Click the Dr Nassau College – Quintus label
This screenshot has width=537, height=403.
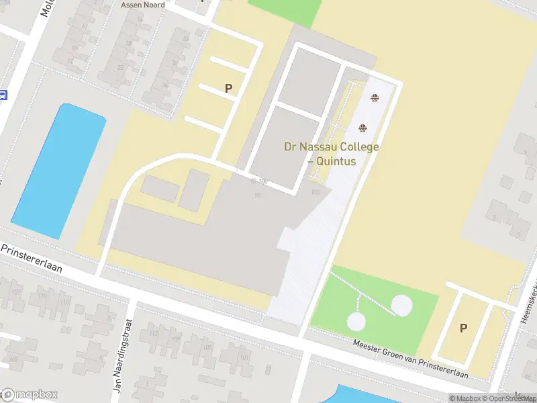pos(332,154)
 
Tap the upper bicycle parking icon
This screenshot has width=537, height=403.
pos(374,98)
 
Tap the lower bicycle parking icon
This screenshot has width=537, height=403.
pos(363,128)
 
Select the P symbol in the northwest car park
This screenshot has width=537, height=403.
pos(228,88)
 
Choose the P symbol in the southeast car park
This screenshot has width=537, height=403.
pos(462,328)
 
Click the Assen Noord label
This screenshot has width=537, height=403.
pos(142,5)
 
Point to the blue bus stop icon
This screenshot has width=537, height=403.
pos(3,95)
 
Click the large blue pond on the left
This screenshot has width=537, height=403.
pos(58,171)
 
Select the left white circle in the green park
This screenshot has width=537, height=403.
pos(356,322)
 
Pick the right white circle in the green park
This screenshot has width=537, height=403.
pos(401,306)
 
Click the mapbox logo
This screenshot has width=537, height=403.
pos(30,394)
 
